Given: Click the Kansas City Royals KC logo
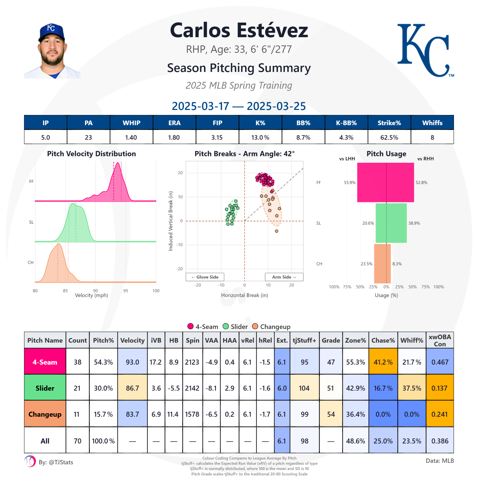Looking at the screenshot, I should point(425,50).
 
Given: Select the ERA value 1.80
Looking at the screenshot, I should point(174,138).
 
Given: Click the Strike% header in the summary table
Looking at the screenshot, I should point(389,123).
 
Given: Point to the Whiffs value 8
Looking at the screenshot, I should point(432,138).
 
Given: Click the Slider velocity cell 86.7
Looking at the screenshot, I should point(132,388).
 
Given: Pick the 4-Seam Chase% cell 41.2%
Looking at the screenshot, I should point(383,362).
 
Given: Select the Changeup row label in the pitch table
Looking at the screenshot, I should point(45,414).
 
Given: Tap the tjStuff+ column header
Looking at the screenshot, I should point(304,340).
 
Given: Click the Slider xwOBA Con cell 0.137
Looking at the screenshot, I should point(439,388).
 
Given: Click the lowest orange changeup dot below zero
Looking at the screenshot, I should point(276,231).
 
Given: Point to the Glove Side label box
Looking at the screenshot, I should point(205,277).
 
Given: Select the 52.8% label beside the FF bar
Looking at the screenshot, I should point(421,183).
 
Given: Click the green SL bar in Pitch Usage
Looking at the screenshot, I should point(391,223).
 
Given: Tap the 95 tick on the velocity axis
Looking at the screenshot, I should point(126,291).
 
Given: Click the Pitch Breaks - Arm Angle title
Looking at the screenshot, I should point(244,154).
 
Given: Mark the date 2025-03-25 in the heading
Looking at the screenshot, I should point(276,106).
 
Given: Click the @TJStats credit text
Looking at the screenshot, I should point(56,462).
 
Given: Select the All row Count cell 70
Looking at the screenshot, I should point(77,441).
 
